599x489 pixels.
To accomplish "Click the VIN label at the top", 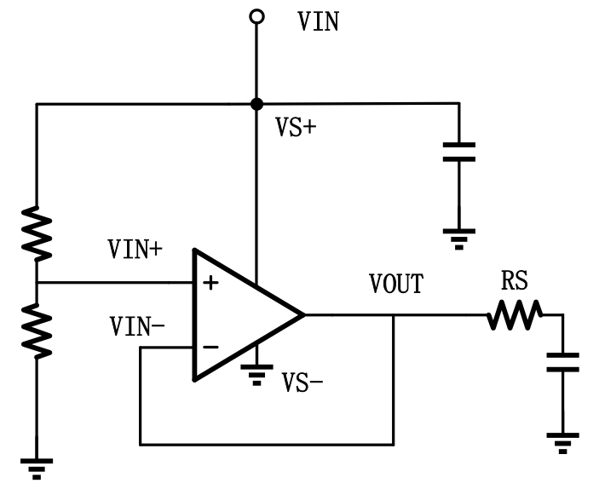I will point(318,21).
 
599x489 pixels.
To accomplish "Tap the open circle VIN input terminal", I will point(256,16).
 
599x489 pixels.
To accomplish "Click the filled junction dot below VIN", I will point(256,104).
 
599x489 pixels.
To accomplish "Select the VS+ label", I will point(296,128).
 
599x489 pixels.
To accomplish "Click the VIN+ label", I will point(135,250).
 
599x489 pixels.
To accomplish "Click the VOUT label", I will point(395,284).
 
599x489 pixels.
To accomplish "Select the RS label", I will point(515,280).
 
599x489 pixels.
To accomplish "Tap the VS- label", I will point(302,382).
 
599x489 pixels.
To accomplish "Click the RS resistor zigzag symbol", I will point(515,315).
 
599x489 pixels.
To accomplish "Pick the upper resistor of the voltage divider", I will point(37,231).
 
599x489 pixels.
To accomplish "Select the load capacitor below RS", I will point(562,361).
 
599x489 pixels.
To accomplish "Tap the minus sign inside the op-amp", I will point(210,347).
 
